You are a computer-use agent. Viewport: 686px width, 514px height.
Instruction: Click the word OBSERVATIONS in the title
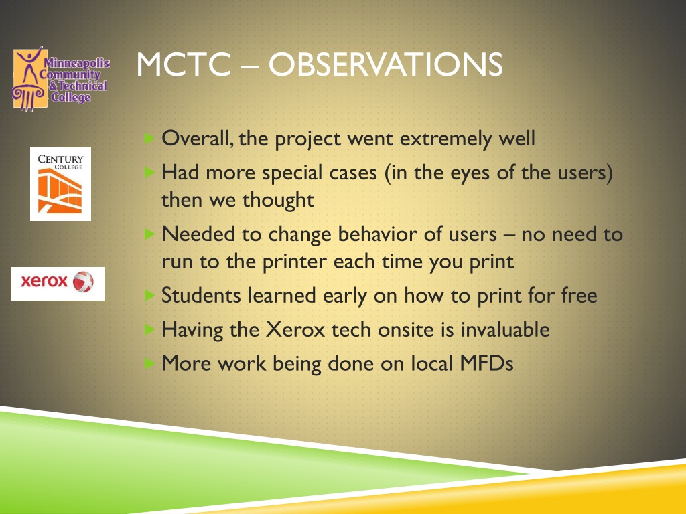[385, 65]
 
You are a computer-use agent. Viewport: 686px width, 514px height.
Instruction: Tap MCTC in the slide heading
[184, 65]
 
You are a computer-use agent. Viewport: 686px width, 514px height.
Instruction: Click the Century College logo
[60, 184]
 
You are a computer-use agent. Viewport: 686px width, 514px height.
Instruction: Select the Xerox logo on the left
[58, 284]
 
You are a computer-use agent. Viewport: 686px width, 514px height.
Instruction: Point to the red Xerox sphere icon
[83, 282]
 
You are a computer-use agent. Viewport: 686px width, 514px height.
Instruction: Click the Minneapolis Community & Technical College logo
[61, 79]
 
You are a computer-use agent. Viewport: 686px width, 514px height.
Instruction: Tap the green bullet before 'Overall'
[149, 138]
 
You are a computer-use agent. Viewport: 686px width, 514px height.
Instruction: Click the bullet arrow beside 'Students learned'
[149, 295]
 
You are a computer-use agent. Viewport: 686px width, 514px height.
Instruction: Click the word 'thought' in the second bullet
[278, 200]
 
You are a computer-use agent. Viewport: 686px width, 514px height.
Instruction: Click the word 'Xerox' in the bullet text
[295, 329]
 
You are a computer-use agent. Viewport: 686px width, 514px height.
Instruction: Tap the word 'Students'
[201, 295]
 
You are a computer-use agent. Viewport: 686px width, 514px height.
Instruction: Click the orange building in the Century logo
[60, 191]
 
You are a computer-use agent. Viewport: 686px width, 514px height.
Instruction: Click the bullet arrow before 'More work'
[149, 363]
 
